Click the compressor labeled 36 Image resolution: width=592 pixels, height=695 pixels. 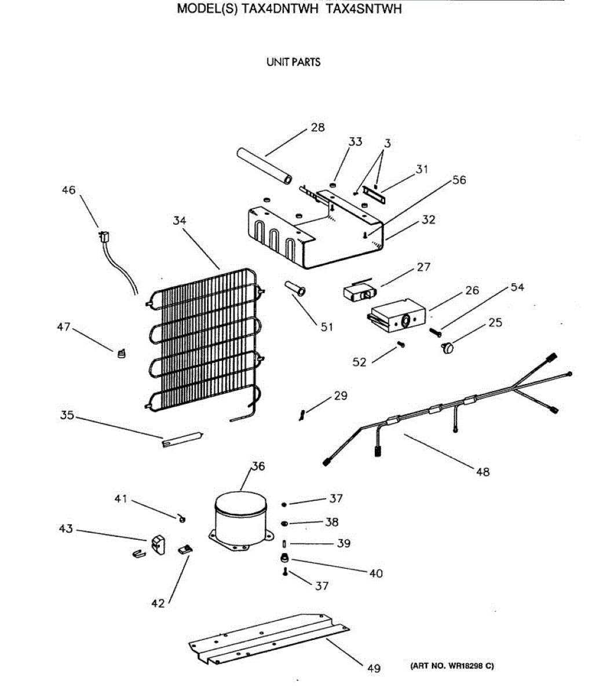[x=240, y=518]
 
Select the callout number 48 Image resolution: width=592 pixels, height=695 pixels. [x=483, y=471]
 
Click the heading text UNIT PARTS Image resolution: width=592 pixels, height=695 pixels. [x=293, y=62]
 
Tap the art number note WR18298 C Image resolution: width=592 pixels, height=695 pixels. [x=452, y=667]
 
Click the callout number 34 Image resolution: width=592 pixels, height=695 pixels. [x=180, y=221]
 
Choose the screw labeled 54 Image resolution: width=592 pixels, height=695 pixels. [x=435, y=332]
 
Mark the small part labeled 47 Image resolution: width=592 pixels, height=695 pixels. [x=120, y=353]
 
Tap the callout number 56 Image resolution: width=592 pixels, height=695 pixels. [x=459, y=180]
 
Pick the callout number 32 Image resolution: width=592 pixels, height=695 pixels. [x=429, y=220]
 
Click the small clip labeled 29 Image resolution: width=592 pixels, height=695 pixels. [x=302, y=414]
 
